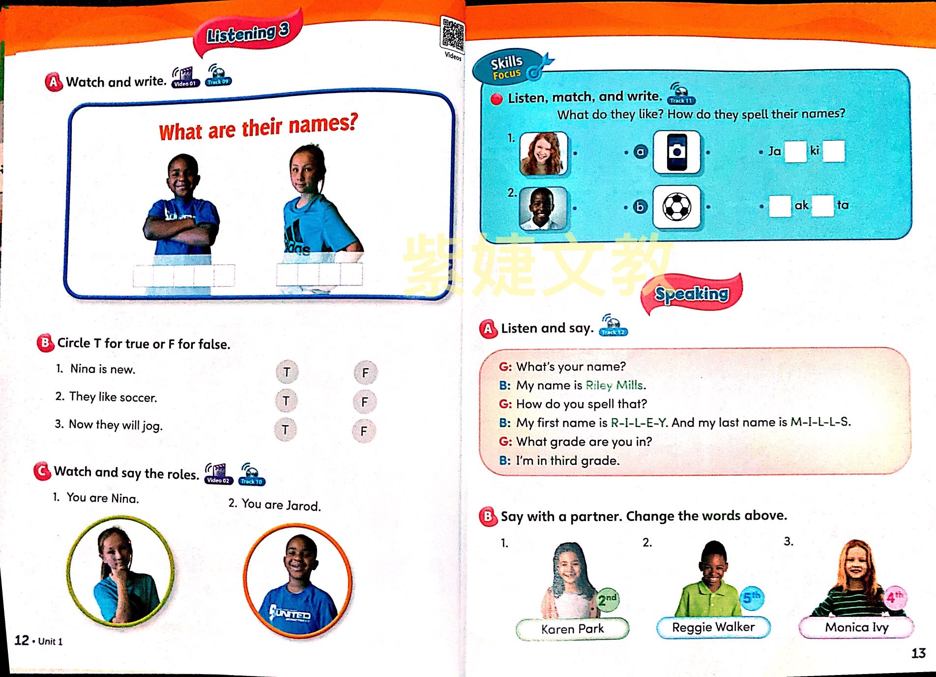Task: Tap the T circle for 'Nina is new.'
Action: [287, 372]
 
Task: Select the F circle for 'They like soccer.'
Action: [364, 402]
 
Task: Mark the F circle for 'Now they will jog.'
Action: [364, 431]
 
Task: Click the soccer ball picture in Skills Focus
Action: [676, 207]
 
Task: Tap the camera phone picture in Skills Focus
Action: [676, 152]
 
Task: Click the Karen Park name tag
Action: [572, 629]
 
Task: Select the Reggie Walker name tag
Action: [713, 627]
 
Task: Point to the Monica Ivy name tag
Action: [856, 627]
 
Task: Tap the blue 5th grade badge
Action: [751, 598]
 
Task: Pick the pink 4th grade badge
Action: [895, 597]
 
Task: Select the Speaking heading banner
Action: [692, 294]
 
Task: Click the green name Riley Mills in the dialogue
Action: [615, 385]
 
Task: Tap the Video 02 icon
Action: [217, 474]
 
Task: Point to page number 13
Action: [918, 653]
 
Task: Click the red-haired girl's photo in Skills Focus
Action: [543, 154]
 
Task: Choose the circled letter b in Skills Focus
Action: [640, 207]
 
